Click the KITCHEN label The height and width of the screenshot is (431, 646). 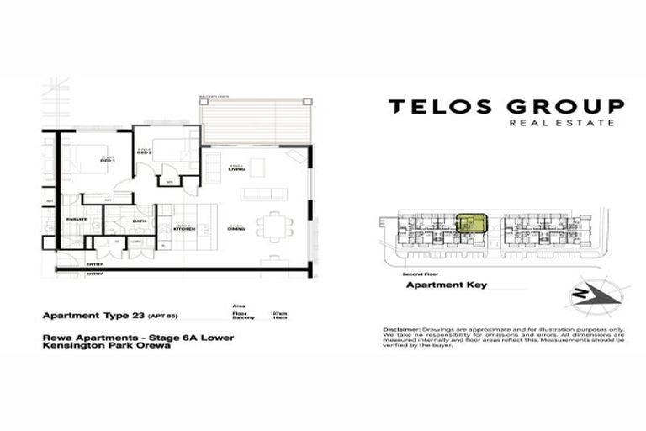[184, 228]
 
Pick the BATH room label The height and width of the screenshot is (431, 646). [140, 221]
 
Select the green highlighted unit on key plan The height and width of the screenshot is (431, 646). [471, 224]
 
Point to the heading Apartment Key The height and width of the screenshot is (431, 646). [446, 285]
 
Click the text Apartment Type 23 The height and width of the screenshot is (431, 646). [91, 317]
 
